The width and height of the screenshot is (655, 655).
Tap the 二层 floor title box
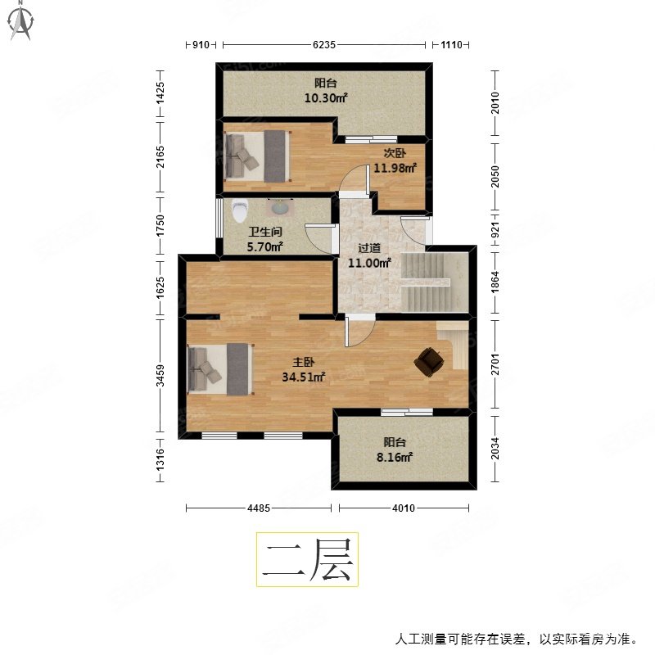click(307, 559)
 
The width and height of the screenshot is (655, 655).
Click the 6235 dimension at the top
click(323, 46)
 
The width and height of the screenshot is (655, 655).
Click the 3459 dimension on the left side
click(160, 376)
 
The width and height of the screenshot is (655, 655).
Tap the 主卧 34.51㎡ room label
click(305, 369)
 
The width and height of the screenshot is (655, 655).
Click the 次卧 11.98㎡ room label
click(395, 161)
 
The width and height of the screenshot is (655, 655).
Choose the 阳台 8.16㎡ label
click(394, 450)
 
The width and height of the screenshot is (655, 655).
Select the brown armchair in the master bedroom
click(428, 362)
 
